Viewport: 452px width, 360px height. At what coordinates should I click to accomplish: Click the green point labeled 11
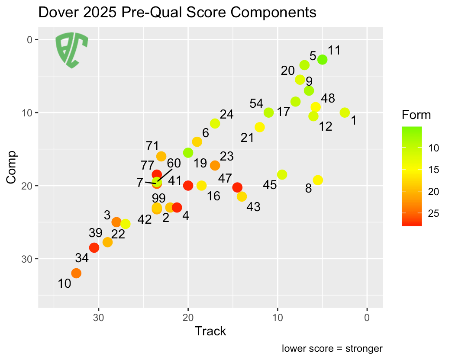(x=322, y=60)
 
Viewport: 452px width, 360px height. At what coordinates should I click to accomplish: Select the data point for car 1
(x=345, y=112)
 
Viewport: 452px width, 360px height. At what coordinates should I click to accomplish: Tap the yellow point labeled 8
(x=318, y=180)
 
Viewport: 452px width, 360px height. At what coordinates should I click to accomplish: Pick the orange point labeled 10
(x=76, y=273)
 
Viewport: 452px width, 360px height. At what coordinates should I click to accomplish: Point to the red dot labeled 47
(x=237, y=187)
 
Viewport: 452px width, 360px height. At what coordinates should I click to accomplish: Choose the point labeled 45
(x=282, y=175)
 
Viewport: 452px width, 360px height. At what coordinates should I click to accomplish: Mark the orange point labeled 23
(x=215, y=165)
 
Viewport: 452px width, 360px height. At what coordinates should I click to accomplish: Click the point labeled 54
(x=268, y=112)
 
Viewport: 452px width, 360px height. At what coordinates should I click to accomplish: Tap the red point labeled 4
(x=177, y=208)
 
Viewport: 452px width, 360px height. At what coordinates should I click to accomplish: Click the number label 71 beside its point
(x=152, y=145)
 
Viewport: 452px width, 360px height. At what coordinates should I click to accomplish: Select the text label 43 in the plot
(x=253, y=207)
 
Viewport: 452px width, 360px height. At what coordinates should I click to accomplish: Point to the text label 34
(x=82, y=259)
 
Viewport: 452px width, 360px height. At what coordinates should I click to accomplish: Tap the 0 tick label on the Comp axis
(x=30, y=40)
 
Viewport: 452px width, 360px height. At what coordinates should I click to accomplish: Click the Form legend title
(x=416, y=115)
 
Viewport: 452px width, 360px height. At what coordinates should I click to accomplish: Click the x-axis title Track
(x=210, y=331)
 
